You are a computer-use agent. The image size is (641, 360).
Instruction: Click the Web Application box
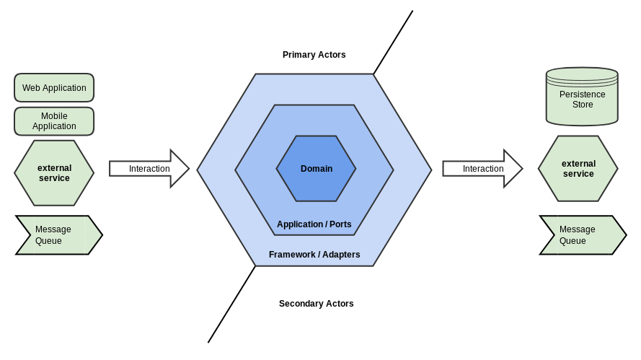pos(54,87)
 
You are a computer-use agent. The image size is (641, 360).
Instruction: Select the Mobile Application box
pos(54,121)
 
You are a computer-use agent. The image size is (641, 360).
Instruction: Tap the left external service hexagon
pos(54,173)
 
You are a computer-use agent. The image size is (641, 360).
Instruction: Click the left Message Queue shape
pos(58,235)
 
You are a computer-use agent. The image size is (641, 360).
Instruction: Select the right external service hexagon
pos(578,169)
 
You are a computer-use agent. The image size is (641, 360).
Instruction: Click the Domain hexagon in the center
pos(316,169)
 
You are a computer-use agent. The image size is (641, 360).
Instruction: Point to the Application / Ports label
pos(314,224)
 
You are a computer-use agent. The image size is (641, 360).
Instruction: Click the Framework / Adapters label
pos(314,255)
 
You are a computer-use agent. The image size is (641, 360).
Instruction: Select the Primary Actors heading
pos(314,55)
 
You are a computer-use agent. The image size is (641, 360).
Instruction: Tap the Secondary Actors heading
pos(316,304)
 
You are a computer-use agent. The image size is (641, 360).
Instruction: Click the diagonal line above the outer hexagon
pos(393,42)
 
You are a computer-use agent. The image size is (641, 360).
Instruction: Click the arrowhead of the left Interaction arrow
pos(180,169)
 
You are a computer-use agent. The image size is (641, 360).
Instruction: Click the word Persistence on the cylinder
pos(582,95)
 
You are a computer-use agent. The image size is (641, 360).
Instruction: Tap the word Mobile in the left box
pos(54,116)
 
